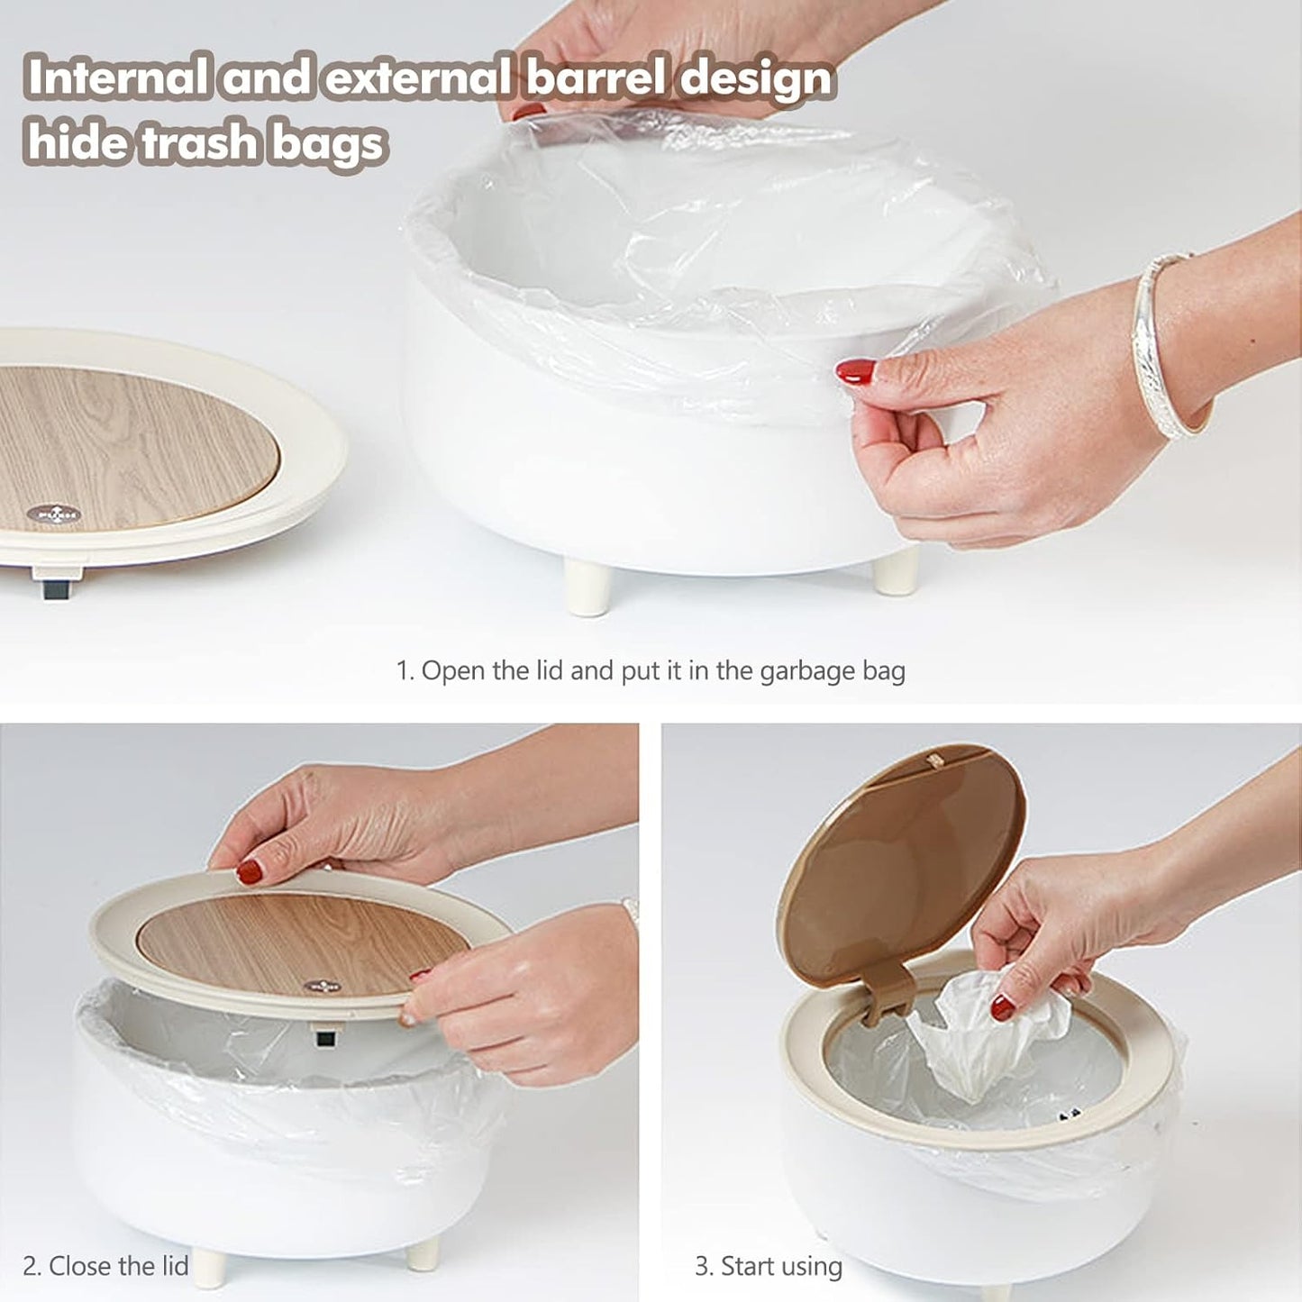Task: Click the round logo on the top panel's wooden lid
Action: [x=54, y=514]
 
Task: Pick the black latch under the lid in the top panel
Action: [x=56, y=589]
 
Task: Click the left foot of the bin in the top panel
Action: [x=587, y=587]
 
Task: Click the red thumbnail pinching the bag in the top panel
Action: [x=855, y=371]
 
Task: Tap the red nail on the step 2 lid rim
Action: [x=250, y=872]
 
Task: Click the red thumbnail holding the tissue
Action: [x=1002, y=1008]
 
